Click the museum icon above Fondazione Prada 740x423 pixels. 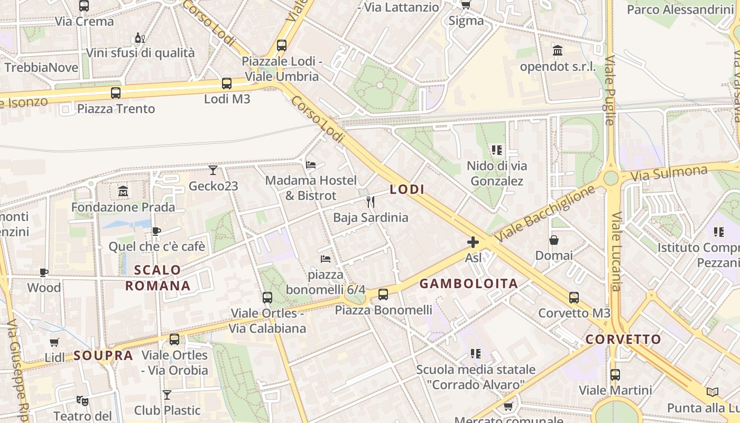tap(123, 191)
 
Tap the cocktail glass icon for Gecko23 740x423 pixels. tap(213, 170)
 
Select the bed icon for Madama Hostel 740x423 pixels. tap(311, 165)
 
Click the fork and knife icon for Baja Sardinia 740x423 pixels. tap(371, 201)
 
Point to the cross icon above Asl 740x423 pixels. tap(473, 242)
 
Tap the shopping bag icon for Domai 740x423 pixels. tap(554, 240)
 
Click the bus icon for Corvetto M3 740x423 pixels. tap(574, 297)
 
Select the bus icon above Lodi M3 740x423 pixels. tap(227, 83)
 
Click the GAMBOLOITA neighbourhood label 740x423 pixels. tap(468, 283)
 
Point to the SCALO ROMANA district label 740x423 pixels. tap(158, 278)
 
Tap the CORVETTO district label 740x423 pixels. tap(624, 339)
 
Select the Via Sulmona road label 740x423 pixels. tap(669, 173)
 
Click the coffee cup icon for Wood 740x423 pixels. tap(44, 272)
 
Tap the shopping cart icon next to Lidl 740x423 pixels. tap(54, 342)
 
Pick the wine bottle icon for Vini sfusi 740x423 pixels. tap(140, 38)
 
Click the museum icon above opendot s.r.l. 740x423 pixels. tap(558, 51)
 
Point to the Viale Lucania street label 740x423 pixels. tap(616, 251)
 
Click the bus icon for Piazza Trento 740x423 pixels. tap(116, 93)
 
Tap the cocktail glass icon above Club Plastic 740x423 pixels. tap(167, 394)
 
